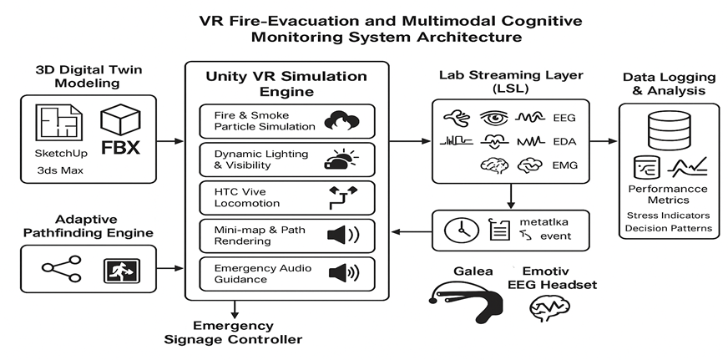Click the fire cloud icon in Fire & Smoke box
click(x=341, y=119)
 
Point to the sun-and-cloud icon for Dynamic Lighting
click(x=341, y=158)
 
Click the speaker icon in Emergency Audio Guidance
click(x=342, y=273)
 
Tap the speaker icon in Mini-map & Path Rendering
click(x=342, y=235)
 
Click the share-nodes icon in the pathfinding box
click(x=61, y=270)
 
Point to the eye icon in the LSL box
click(x=493, y=117)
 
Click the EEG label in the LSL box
click(x=567, y=118)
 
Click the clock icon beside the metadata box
click(x=458, y=231)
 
